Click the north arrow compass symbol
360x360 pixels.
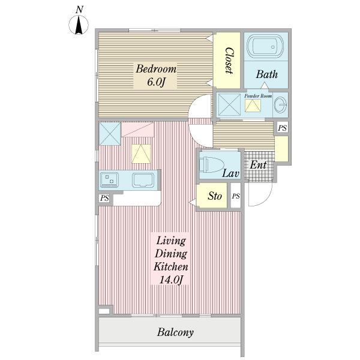pyautogui.click(x=79, y=25)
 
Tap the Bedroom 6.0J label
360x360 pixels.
pyautogui.click(x=155, y=76)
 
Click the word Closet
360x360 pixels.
pyautogui.click(x=229, y=61)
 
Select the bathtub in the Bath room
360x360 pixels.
pyautogui.click(x=265, y=46)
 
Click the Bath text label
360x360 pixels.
pyautogui.click(x=267, y=74)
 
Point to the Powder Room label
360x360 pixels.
pyautogui.click(x=258, y=96)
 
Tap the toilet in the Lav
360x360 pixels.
pyautogui.click(x=212, y=164)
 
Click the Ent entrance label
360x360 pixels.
pyautogui.click(x=258, y=165)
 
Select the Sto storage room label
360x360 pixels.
pyautogui.click(x=215, y=196)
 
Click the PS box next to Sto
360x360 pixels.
pyautogui.click(x=236, y=196)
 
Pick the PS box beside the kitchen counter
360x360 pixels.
pyautogui.click(x=104, y=198)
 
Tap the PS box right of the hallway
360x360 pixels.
pyautogui.click(x=282, y=128)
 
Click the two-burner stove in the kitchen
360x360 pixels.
pyautogui.click(x=109, y=180)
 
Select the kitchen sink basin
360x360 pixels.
pyautogui.click(x=143, y=180)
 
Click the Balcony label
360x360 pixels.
pyautogui.click(x=175, y=332)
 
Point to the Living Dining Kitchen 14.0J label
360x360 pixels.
pyautogui.click(x=170, y=260)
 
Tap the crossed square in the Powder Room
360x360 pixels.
pyautogui.click(x=229, y=104)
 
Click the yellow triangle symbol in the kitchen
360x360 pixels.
pyautogui.click(x=141, y=154)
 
